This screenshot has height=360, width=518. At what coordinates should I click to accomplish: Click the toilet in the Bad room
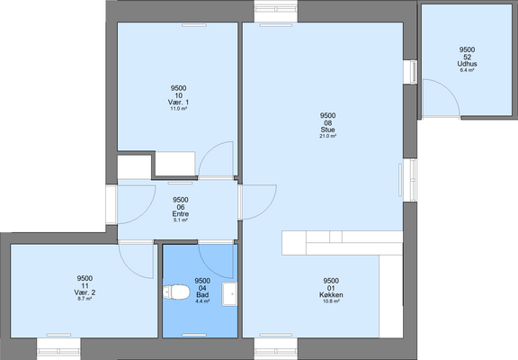176,292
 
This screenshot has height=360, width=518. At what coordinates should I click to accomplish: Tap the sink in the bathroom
229,293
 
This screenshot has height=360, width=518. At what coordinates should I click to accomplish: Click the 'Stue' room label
327,130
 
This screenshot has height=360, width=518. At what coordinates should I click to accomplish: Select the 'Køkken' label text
331,295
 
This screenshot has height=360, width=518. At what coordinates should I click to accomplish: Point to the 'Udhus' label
467,64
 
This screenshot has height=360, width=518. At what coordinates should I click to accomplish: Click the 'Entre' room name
181,214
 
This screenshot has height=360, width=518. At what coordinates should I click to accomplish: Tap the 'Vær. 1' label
178,102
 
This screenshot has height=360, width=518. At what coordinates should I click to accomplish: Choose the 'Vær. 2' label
85,292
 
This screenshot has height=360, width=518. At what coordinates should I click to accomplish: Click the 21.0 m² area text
327,136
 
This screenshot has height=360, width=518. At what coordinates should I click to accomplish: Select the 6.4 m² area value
467,70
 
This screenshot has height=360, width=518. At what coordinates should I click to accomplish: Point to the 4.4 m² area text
202,301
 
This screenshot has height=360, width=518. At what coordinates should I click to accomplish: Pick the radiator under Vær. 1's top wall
194,25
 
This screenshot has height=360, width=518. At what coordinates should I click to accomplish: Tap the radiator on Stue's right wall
400,181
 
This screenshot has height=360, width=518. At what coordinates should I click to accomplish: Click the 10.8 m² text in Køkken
331,301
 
